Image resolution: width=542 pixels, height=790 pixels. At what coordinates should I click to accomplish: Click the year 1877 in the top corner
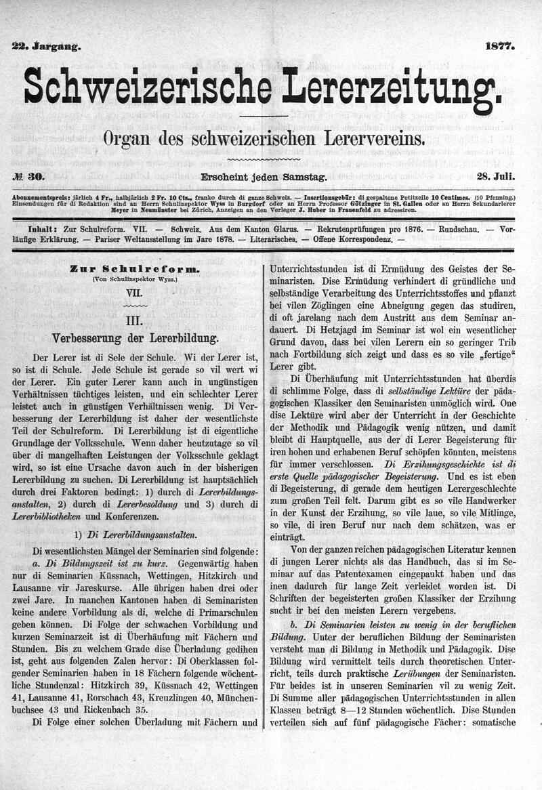point(500,47)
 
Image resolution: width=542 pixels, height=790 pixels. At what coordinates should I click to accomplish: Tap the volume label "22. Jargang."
point(46,47)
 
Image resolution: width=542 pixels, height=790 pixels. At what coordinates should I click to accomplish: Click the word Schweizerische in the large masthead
point(148,87)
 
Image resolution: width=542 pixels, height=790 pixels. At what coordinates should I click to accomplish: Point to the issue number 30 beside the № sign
point(36,177)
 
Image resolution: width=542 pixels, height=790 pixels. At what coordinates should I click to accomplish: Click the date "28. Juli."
point(496,177)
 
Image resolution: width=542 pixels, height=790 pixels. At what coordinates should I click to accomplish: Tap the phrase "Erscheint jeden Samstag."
point(264,177)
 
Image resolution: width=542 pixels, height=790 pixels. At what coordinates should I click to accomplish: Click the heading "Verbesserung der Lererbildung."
point(135,337)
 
